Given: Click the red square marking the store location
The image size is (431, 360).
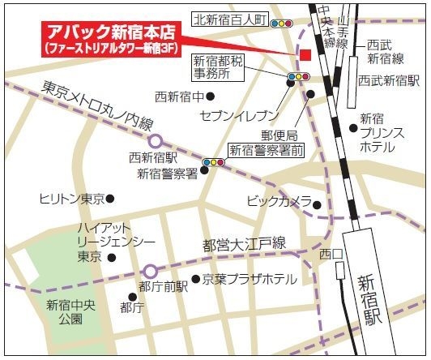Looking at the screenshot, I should coord(305,54).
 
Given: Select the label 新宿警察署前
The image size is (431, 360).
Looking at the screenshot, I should coord(267,150).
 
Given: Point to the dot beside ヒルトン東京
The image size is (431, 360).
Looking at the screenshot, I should coord(111,198).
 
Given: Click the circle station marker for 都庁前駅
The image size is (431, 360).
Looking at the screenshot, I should coord(150,271).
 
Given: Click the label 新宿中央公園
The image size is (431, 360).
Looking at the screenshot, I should coord(63,312).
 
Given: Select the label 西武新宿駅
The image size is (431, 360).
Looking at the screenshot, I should coord(389,81).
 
